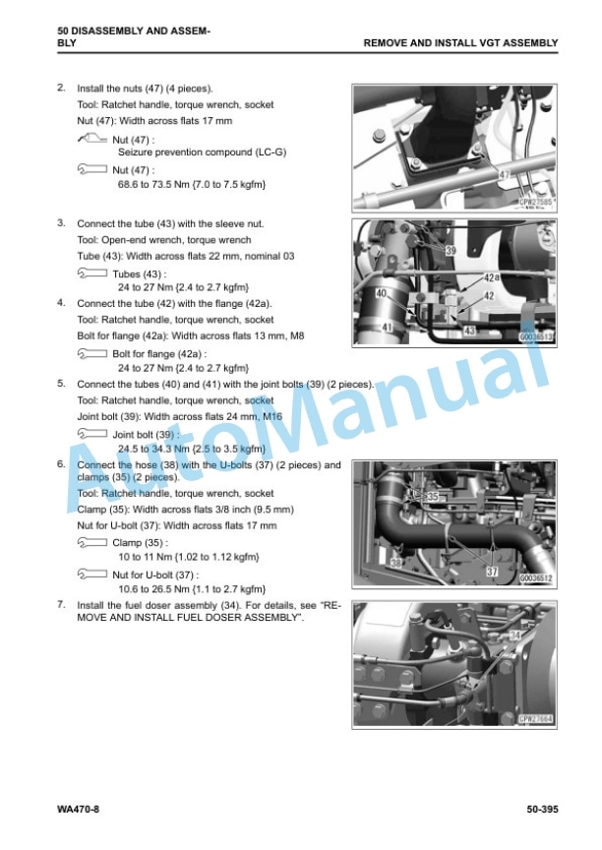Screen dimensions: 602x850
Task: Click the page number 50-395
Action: pos(542,810)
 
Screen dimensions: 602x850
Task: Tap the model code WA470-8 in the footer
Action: pos(78,810)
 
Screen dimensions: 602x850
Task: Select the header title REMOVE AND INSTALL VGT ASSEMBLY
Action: pos(460,43)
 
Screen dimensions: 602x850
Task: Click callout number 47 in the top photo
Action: pos(505,174)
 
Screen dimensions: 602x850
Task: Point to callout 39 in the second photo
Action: pos(451,251)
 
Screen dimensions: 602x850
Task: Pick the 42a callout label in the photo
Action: pos(492,278)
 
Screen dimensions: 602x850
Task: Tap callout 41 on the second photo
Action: pos(387,328)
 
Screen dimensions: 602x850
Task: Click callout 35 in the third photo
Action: pos(433,497)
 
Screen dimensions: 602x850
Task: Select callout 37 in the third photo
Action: pos(492,572)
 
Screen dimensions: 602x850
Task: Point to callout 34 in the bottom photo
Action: pos(514,635)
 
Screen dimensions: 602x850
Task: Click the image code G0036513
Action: pos(536,337)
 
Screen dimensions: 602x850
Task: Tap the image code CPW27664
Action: pos(536,719)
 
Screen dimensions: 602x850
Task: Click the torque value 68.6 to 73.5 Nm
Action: pos(152,184)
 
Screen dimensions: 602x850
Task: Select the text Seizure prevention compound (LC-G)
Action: pos(202,152)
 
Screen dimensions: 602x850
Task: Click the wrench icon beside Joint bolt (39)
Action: pos(92,434)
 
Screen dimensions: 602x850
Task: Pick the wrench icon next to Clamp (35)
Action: pos(92,542)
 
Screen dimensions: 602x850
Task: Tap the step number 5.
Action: pos(61,384)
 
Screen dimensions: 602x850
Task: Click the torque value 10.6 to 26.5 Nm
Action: pos(153,588)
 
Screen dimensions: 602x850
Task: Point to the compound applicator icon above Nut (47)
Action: pos(92,139)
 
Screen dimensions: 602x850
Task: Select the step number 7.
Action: pos(61,604)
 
